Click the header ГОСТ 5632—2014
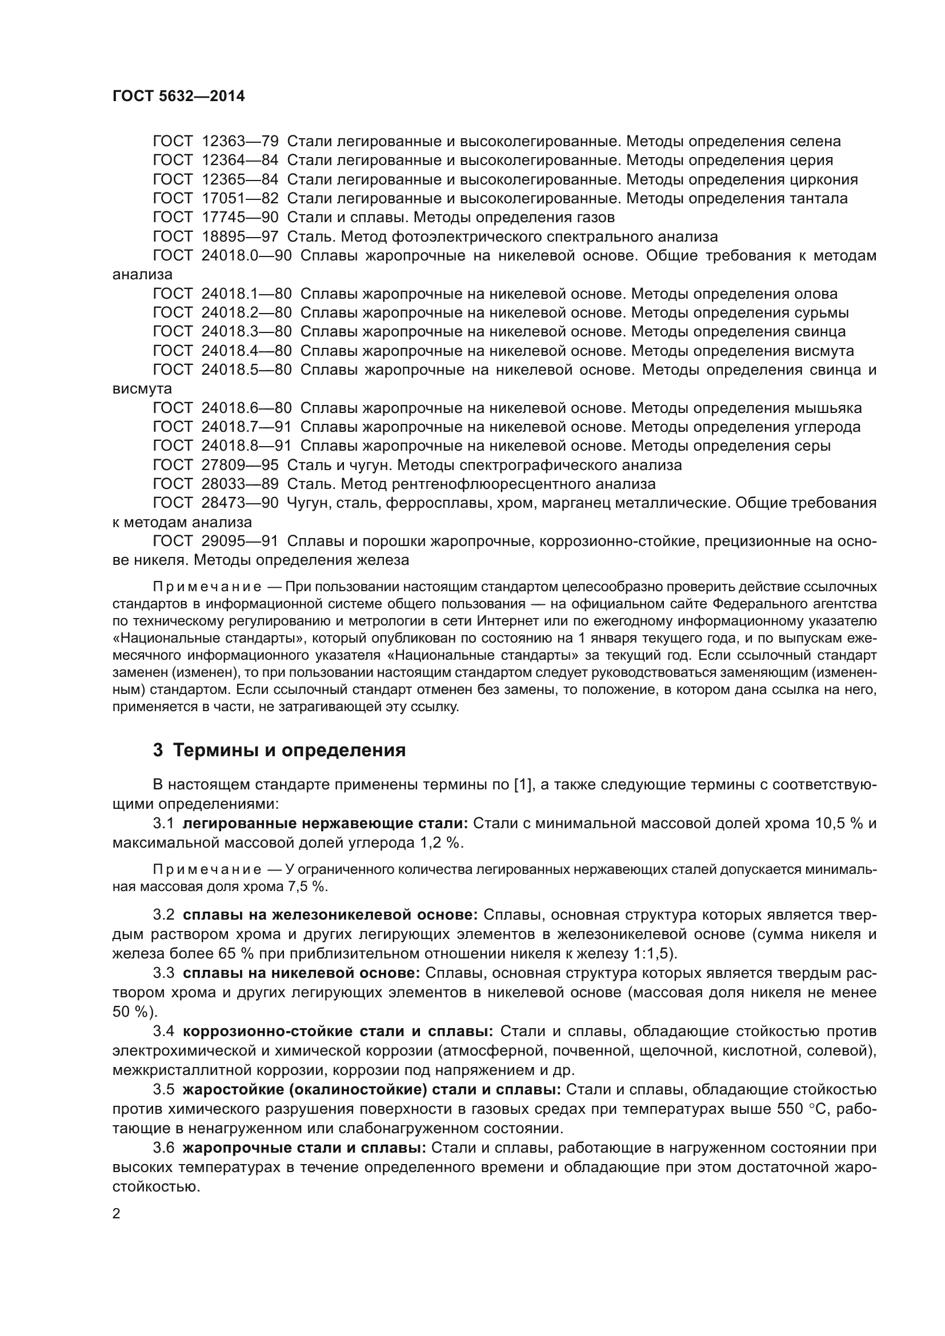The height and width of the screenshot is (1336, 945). pos(179,97)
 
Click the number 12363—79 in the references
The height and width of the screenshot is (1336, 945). pos(240,142)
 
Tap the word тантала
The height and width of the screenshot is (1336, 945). pos(818,198)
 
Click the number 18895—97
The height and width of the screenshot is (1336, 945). pos(240,237)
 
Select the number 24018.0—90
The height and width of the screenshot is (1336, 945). pos(246,256)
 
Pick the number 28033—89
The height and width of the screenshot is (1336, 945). pos(240,484)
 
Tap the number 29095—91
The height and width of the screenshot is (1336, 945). pos(240,541)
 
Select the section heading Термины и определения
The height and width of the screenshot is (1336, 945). pos(289,751)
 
